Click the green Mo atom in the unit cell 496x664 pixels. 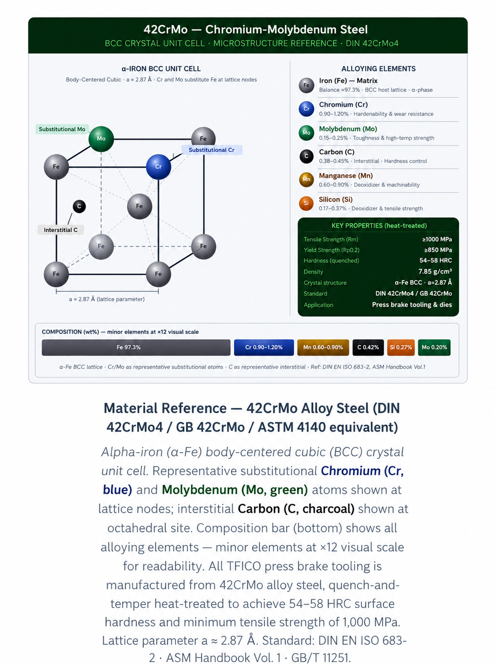(101, 139)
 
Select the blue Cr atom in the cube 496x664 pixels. (158, 166)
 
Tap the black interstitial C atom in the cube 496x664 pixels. (79, 206)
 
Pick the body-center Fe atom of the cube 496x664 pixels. (139, 206)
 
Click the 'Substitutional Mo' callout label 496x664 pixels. (62, 129)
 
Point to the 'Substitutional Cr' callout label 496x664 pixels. (212, 150)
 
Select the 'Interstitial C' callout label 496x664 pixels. (60, 230)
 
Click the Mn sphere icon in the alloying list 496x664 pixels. (306, 180)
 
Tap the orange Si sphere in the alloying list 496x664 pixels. (306, 203)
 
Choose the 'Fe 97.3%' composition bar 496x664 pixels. (136, 347)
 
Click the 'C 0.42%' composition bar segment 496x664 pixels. (368, 347)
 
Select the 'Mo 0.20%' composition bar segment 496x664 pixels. (434, 347)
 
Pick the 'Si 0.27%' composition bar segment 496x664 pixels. (401, 347)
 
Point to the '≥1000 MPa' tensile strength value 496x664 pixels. (437, 239)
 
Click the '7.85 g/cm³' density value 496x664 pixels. (435, 271)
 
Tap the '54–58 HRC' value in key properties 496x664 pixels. (436, 261)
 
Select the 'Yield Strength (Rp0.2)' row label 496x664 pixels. (332, 250)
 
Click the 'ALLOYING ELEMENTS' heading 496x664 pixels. (378, 69)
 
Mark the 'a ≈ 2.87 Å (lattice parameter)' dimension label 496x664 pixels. (107, 299)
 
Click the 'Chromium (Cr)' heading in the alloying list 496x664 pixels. (343, 105)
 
